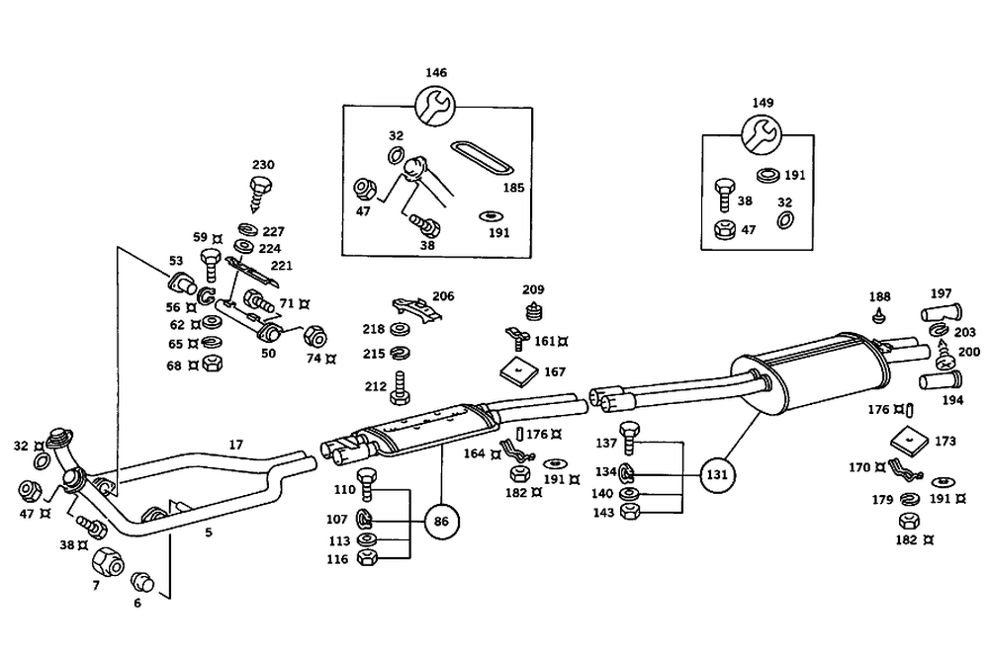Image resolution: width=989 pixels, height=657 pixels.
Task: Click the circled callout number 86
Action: pos(441,521)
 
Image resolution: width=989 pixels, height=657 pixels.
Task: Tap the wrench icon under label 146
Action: pos(433,105)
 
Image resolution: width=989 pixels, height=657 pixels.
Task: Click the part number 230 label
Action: pos(263,165)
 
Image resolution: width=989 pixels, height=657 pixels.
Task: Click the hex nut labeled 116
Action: pos(365,558)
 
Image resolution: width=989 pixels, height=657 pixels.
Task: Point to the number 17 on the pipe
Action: pos(235,446)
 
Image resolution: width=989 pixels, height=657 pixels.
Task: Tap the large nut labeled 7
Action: pos(107,563)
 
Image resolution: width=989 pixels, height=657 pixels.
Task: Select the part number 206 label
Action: pos(443,295)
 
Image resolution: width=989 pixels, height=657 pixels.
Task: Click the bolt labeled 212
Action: pos(401,388)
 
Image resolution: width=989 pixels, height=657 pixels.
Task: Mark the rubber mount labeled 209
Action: pos(535,313)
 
